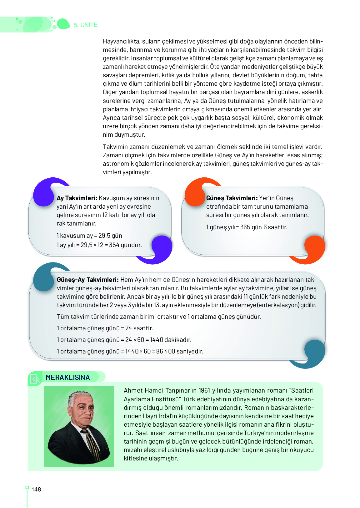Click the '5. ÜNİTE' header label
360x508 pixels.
(x=86, y=25)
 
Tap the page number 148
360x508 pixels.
(x=36, y=490)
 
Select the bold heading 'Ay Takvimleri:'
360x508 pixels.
(x=77, y=198)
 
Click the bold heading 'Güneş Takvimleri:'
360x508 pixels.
(x=232, y=198)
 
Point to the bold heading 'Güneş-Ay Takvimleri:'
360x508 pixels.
(x=87, y=280)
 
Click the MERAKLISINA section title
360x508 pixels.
(x=68, y=377)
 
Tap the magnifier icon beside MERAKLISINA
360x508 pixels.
(x=36, y=379)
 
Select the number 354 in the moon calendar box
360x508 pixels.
(x=114, y=245)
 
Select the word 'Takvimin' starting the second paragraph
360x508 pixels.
(x=115, y=147)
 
